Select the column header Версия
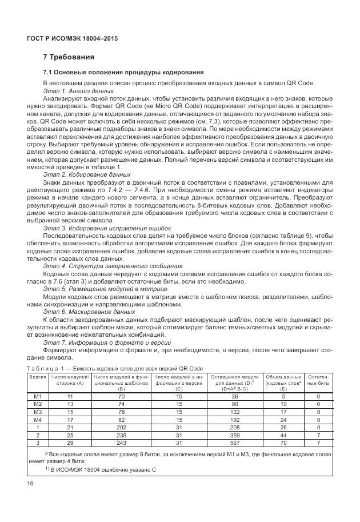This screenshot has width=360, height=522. click(x=38, y=377)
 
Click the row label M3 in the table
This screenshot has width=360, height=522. click(x=38, y=412)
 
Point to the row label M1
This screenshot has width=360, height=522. click(x=38, y=396)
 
